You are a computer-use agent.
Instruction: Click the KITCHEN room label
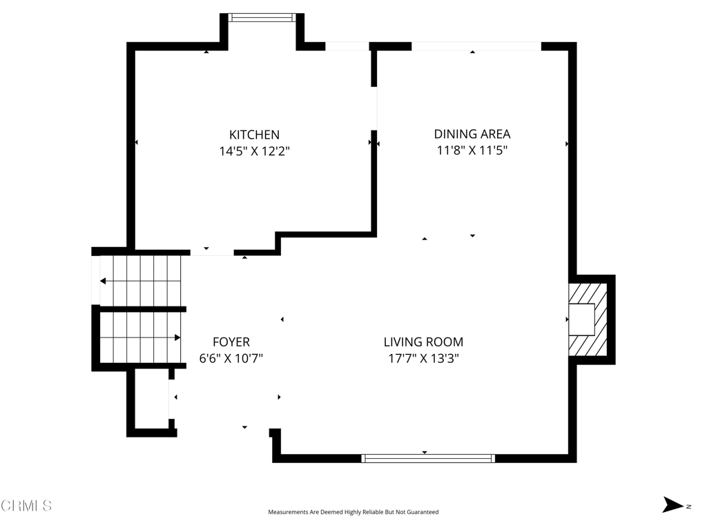pyautogui.click(x=254, y=135)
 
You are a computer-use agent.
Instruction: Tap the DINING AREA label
pyautogui.click(x=472, y=134)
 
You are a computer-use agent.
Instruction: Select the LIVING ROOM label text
pyautogui.click(x=423, y=342)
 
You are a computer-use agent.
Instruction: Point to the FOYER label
pyautogui.click(x=231, y=342)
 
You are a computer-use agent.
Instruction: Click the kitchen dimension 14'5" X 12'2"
pyautogui.click(x=254, y=151)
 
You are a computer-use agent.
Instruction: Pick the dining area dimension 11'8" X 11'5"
pyautogui.click(x=472, y=150)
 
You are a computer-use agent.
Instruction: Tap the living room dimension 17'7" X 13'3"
pyautogui.click(x=423, y=358)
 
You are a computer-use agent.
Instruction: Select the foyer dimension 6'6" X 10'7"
pyautogui.click(x=231, y=358)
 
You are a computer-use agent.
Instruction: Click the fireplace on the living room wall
pyautogui.click(x=588, y=320)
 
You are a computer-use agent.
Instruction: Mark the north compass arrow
pyautogui.click(x=672, y=504)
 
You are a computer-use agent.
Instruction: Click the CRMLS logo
pyautogui.click(x=26, y=505)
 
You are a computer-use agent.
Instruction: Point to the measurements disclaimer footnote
pyautogui.click(x=353, y=512)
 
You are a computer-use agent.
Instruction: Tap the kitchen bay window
pyautogui.click(x=262, y=17)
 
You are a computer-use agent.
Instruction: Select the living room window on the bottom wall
pyautogui.click(x=428, y=458)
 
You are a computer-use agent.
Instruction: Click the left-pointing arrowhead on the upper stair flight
pyautogui.click(x=103, y=282)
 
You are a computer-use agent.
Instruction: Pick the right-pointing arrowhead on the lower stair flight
pyautogui.click(x=177, y=337)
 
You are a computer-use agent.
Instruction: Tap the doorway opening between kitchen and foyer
pyautogui.click(x=212, y=253)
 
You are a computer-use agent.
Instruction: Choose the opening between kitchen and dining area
pyautogui.click(x=374, y=108)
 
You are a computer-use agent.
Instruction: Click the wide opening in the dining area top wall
pyautogui.click(x=476, y=46)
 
